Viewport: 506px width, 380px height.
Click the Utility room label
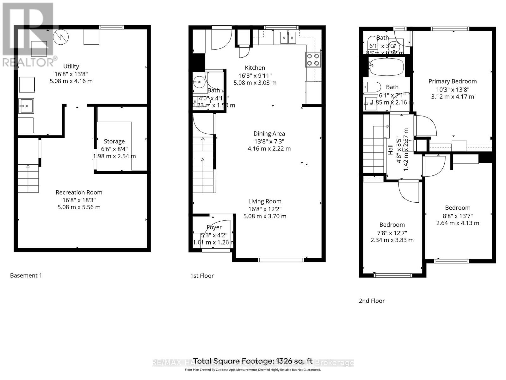pyautogui.click(x=71, y=66)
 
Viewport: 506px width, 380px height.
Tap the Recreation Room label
pyautogui.click(x=79, y=192)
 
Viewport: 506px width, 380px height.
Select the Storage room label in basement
pyautogui.click(x=114, y=141)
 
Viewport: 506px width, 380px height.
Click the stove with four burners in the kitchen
pyautogui.click(x=313, y=60)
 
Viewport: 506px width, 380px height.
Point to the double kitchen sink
pyautogui.click(x=288, y=38)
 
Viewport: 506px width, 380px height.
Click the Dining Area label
pyautogui.click(x=269, y=134)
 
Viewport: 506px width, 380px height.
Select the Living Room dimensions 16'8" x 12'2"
pyautogui.click(x=265, y=209)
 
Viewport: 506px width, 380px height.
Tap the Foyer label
pyautogui.click(x=214, y=227)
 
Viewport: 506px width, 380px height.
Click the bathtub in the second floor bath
pyautogui.click(x=386, y=67)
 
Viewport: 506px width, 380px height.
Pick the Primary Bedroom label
pyautogui.click(x=452, y=81)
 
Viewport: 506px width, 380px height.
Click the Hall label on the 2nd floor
pyautogui.click(x=391, y=149)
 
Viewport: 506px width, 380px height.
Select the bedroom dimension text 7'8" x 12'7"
pyautogui.click(x=392, y=233)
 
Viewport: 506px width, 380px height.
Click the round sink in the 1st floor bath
pyautogui.click(x=199, y=82)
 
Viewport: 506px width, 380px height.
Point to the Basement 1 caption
pyautogui.click(x=26, y=275)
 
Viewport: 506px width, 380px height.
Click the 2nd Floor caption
pyautogui.click(x=372, y=301)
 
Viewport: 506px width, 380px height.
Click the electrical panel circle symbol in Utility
pyautogui.click(x=61, y=37)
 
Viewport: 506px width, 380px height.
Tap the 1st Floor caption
pyautogui.click(x=202, y=276)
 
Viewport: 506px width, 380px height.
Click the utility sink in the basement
pyautogui.click(x=26, y=106)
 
